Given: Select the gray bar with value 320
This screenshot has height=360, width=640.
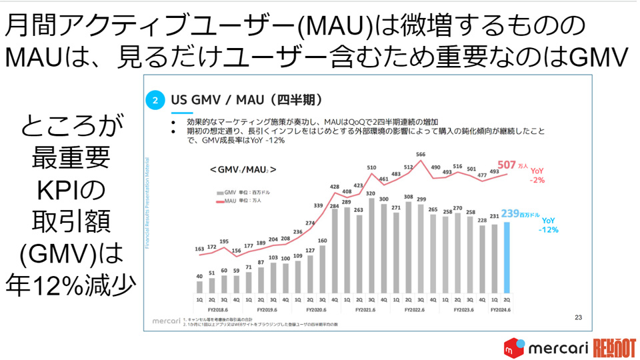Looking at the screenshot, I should click(x=371, y=247).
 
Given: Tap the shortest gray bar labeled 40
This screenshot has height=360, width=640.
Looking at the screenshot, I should click(x=199, y=287).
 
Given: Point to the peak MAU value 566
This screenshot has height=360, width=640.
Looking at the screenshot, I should click(x=420, y=154).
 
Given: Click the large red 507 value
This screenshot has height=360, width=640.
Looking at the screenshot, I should click(x=507, y=165).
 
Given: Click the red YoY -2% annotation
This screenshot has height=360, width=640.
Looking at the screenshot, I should click(x=537, y=175).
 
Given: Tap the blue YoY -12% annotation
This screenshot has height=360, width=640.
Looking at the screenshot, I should click(x=550, y=225).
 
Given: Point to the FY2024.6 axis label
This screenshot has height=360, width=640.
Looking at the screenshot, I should click(x=500, y=309).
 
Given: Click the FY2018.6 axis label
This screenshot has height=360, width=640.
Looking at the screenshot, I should click(x=218, y=309).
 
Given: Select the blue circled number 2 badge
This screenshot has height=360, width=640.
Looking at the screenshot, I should click(x=155, y=101).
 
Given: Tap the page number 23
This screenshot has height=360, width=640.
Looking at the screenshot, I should click(x=578, y=317).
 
